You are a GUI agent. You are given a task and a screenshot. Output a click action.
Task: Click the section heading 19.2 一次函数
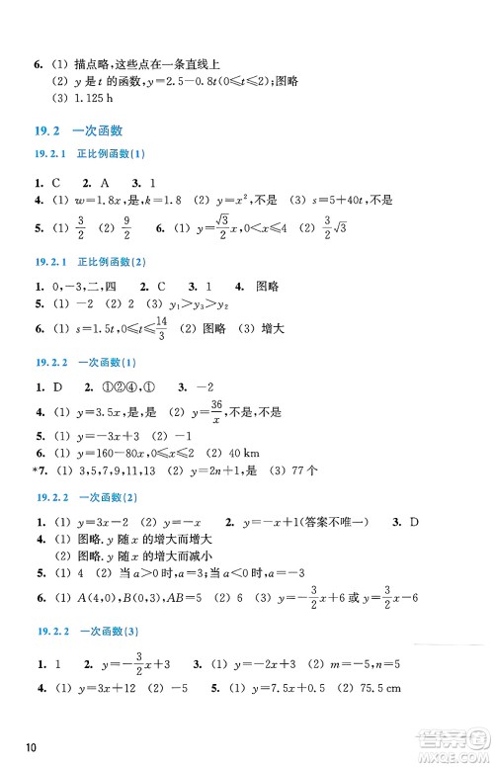point(84,129)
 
